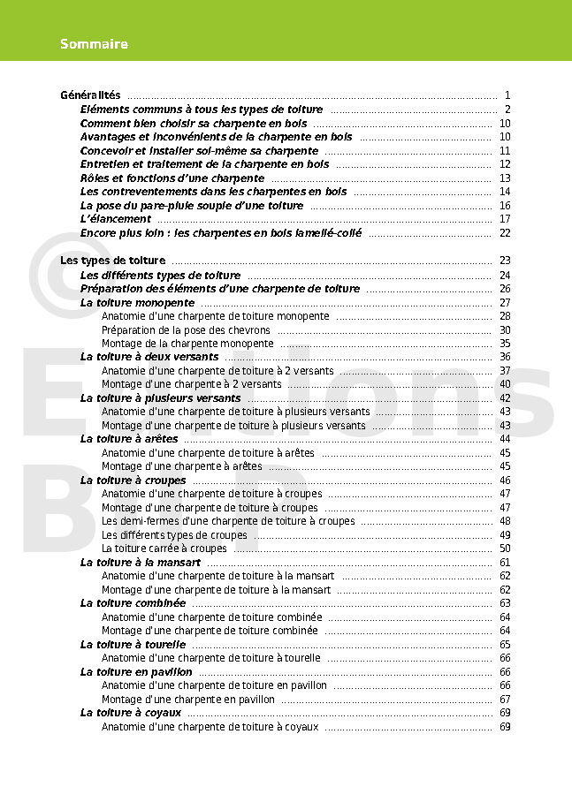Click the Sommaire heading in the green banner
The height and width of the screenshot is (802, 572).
[94, 44]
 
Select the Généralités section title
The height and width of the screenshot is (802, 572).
[90, 95]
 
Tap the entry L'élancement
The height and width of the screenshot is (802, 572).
[116, 219]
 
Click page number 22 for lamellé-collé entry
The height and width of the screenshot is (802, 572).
[505, 233]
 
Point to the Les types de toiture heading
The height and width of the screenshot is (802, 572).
[112, 261]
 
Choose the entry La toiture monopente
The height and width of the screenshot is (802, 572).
[137, 302]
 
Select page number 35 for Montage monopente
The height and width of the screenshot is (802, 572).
[505, 344]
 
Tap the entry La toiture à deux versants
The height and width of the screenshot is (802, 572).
[149, 357]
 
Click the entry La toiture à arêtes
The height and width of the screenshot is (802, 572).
[129, 439]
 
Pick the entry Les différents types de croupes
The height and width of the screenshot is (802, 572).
[174, 535]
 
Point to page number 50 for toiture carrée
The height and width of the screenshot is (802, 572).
[505, 549]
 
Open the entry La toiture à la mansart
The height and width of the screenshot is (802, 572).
[141, 563]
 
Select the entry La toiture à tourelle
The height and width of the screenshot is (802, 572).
[133, 645]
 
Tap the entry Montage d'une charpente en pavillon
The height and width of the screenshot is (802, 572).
[188, 700]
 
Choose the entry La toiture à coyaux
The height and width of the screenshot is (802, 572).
[131, 713]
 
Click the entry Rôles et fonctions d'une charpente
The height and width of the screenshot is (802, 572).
[172, 178]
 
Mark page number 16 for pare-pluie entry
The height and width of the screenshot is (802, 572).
[505, 206]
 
